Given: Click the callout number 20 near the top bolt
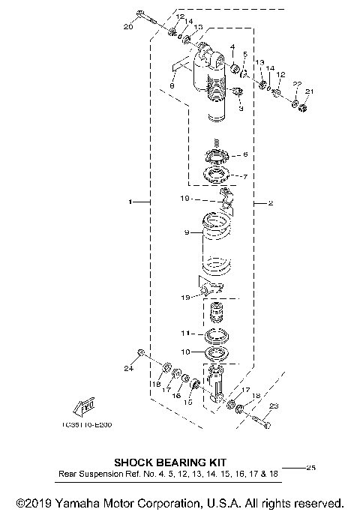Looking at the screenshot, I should (127, 27).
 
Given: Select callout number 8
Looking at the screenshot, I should (172, 86).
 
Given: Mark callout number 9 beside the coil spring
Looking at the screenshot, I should (187, 233).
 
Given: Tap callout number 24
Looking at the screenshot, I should (128, 368).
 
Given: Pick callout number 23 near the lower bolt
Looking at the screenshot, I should (273, 406).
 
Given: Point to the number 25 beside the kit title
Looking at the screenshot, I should (310, 468).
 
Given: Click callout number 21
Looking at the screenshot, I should (310, 91).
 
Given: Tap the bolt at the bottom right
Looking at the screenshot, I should (259, 421).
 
